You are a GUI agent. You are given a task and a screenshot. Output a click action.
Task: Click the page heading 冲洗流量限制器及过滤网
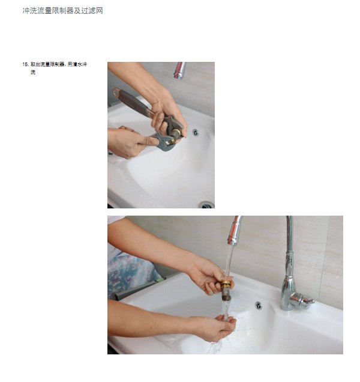tap(62, 11)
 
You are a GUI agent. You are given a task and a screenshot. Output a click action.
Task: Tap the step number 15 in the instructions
tap(25, 64)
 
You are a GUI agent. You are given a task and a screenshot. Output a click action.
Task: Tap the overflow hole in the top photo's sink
tap(195, 132)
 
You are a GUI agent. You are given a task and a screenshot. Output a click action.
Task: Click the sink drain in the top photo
tap(206, 204)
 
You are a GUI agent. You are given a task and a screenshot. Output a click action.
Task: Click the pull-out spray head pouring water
tap(233, 231)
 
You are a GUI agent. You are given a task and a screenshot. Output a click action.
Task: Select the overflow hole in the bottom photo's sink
tap(258, 305)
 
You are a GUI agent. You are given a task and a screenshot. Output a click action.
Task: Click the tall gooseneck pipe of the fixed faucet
tap(289, 246)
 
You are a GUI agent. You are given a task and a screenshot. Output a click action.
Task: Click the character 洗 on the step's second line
tap(32, 72)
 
